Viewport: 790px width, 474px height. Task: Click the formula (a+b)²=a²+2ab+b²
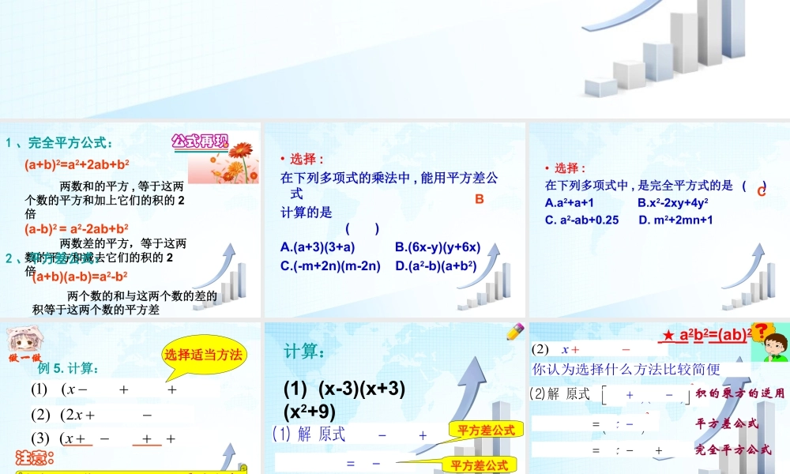coord(77,165)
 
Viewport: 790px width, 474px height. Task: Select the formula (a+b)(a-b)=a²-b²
coord(80,276)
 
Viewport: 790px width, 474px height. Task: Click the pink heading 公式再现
coord(200,142)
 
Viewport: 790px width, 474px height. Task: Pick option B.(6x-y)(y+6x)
coord(438,247)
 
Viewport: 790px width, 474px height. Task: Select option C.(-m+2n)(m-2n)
coord(330,265)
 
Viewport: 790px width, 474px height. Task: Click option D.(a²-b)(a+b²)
coord(436,265)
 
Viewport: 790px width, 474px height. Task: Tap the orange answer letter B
coord(479,200)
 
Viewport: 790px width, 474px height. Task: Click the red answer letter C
coord(762,191)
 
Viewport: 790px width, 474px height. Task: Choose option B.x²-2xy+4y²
coord(672,202)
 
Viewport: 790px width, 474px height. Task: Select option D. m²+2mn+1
coord(675,220)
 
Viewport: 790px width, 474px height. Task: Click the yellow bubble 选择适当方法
coord(203,355)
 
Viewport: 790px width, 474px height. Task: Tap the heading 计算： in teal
coord(303,351)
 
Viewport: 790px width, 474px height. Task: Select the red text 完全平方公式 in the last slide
coord(733,450)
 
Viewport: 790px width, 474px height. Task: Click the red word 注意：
coord(36,457)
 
